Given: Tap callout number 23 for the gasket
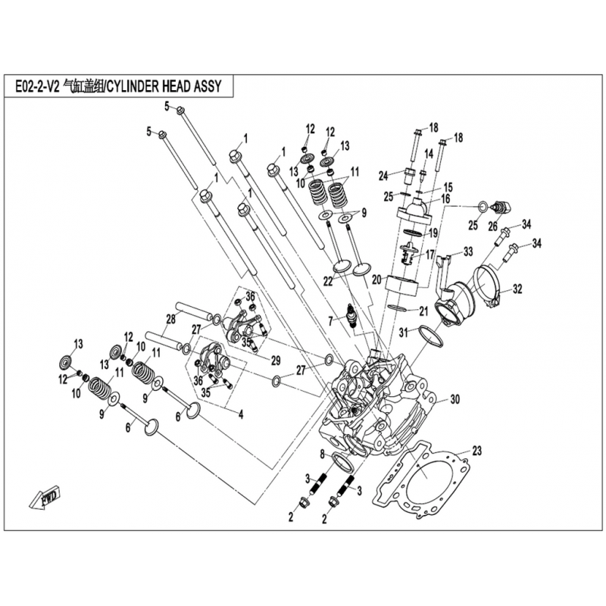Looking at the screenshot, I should [476, 451].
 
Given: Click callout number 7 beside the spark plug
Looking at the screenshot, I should [330, 321].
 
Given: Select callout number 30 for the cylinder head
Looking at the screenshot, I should [455, 398].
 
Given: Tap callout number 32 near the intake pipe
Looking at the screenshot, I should [517, 289].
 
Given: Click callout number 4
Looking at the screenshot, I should [240, 414].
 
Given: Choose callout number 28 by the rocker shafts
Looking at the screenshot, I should [171, 319].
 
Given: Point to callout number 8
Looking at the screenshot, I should [322, 454].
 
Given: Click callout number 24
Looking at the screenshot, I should [383, 175].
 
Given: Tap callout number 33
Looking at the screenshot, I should [467, 251].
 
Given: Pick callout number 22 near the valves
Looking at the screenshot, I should [328, 281].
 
